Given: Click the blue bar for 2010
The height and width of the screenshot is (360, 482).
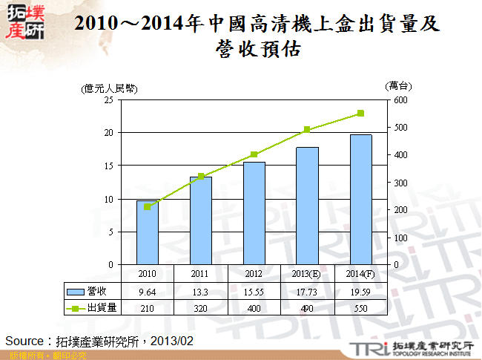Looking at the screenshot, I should tap(147, 232).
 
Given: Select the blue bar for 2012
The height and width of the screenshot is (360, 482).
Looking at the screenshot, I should tap(254, 213).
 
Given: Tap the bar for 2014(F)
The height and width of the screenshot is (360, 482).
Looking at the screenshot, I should tap(361, 199).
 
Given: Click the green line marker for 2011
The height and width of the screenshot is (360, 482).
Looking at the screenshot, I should tap(201, 177).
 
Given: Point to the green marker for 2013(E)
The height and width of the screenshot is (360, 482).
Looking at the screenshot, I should tap(307, 130).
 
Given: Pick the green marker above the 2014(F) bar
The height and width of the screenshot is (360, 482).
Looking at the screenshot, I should tap(360, 114).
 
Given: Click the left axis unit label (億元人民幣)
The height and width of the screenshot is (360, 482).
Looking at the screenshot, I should tap(110, 88).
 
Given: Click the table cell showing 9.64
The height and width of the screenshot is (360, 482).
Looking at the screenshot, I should tap(147, 292).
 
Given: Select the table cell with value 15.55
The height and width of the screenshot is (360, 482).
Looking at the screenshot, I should tap(254, 292).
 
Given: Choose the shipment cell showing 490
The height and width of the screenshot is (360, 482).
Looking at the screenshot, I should tap(308, 307).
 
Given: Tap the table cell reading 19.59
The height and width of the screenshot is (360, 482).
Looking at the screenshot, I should tap(361, 292).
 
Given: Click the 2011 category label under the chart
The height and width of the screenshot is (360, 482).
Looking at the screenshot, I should tap(201, 273).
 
